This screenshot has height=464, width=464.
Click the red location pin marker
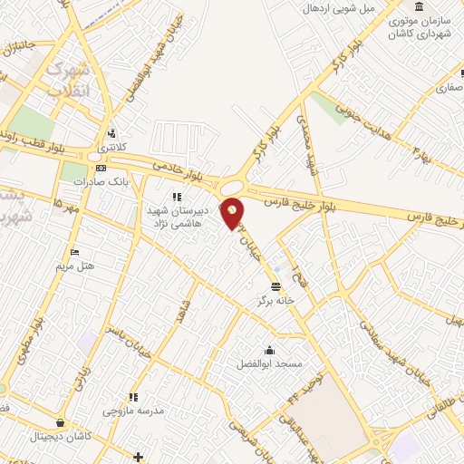pyautogui.click(x=233, y=212)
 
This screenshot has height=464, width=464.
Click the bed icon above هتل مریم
pyautogui.click(x=74, y=252)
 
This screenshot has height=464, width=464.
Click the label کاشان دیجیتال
pyautogui.click(x=60, y=436)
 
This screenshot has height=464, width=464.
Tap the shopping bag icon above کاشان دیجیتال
pyautogui.click(x=60, y=422)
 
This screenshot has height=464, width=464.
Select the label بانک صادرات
pyautogui.click(x=101, y=181)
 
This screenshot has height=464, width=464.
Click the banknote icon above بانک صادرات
pyautogui.click(x=101, y=168)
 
